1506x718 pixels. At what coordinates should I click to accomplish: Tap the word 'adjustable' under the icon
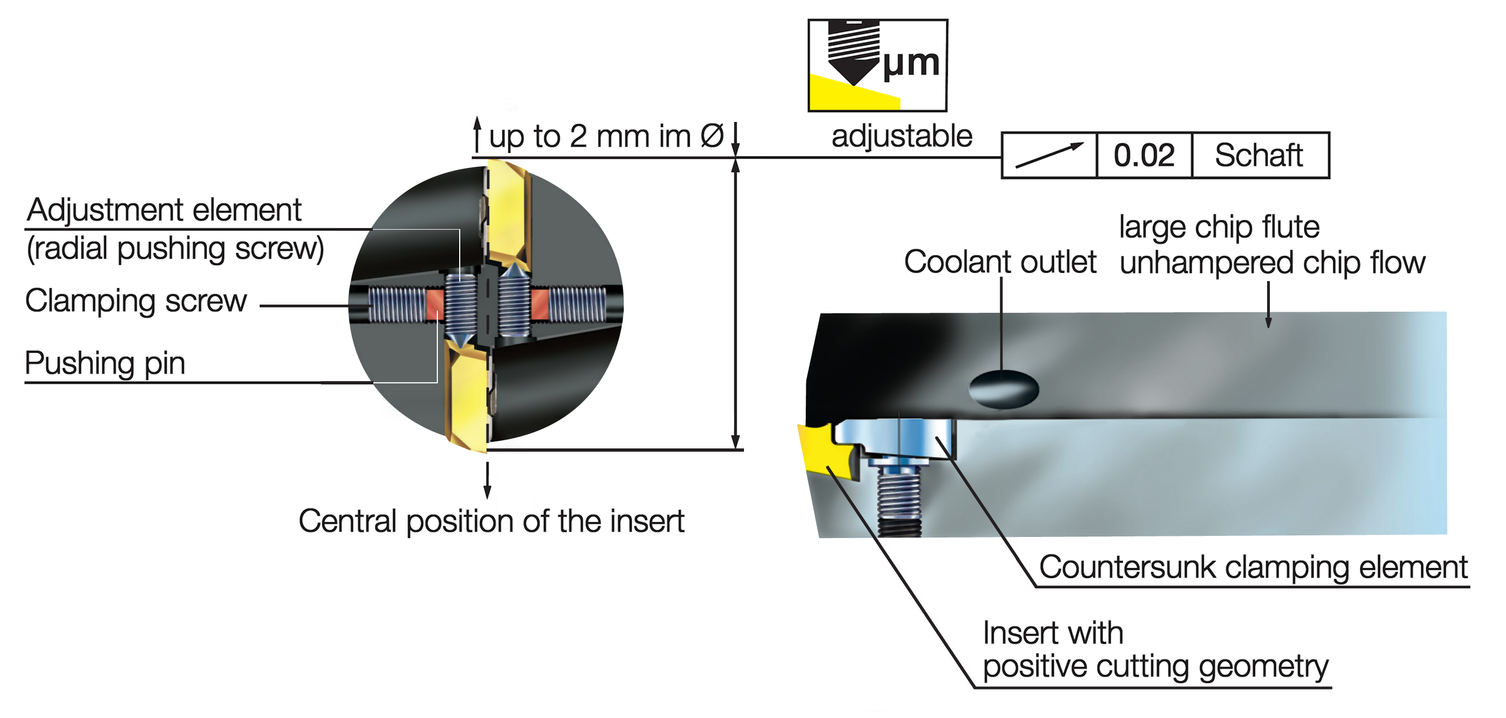(x=901, y=137)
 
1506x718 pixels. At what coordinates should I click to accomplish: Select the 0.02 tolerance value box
(x=1144, y=155)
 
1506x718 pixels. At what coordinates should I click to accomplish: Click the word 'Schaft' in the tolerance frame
(x=1259, y=155)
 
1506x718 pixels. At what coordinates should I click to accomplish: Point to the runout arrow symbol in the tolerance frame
(x=1050, y=155)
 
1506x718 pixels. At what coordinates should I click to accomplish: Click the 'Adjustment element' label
(x=165, y=210)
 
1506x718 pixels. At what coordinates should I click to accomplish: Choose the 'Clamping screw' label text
(x=136, y=302)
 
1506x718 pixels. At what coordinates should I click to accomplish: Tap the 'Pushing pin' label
(x=106, y=364)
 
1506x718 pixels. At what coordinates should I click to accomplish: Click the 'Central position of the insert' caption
(x=491, y=522)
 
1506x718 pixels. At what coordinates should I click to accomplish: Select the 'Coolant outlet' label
(x=1000, y=262)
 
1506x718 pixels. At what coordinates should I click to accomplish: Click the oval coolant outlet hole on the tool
(x=1003, y=389)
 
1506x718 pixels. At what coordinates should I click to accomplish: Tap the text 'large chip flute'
(x=1219, y=227)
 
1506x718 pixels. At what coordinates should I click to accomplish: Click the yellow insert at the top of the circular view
(x=507, y=217)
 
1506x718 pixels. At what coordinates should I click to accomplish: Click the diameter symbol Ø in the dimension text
(x=712, y=137)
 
